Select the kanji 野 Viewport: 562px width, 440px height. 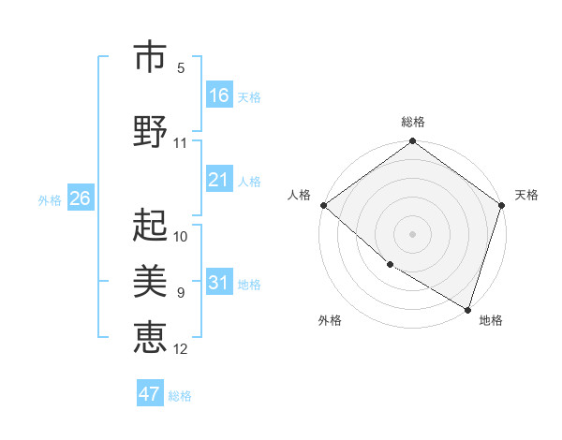tap(150, 130)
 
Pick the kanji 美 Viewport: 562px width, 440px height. tap(150, 280)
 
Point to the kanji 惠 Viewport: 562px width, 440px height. tap(150, 336)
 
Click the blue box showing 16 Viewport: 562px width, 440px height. tap(219, 95)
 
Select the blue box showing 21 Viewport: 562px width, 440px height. tap(219, 180)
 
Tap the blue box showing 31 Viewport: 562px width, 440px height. tap(219, 283)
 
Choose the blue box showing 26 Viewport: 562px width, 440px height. tap(80, 198)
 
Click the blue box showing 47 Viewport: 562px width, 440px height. tap(150, 394)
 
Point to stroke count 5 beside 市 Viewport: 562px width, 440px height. tap(181, 67)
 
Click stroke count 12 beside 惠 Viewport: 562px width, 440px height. tap(181, 349)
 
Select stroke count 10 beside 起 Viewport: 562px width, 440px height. tap(181, 236)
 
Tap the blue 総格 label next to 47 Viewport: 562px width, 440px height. tap(180, 396)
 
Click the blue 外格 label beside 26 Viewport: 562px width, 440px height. tap(50, 199)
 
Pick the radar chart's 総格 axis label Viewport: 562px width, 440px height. tap(413, 122)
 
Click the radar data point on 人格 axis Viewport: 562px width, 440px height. tap(323, 205)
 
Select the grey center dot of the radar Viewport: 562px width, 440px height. tap(413, 233)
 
